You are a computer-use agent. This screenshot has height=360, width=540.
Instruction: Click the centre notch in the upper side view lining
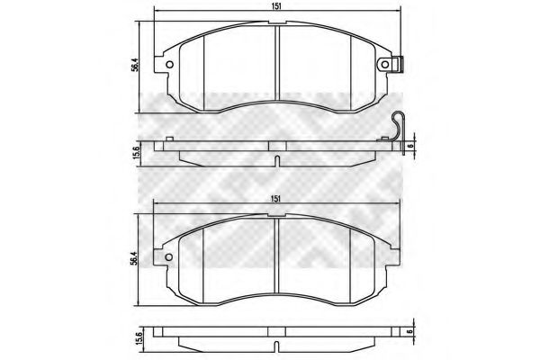tap(276, 160)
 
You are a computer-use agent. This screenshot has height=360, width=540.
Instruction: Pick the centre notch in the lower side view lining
tap(276, 345)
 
